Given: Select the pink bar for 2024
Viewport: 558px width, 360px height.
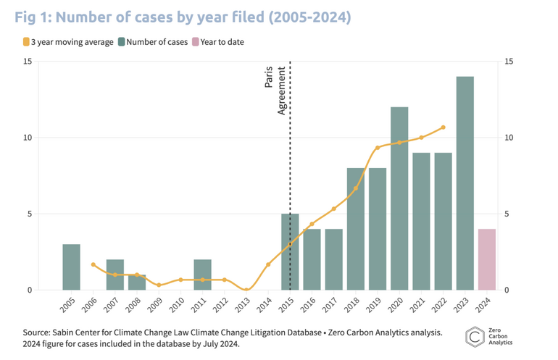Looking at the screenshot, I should tap(486, 259).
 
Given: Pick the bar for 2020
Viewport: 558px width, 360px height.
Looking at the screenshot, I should tap(399, 198).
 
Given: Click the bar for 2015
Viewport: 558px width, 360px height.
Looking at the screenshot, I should tap(290, 252).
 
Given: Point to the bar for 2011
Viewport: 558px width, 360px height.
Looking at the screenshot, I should tap(202, 275).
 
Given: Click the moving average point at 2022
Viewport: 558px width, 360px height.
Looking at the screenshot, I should tap(443, 127).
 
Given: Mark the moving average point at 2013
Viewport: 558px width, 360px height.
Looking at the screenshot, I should tap(246, 290).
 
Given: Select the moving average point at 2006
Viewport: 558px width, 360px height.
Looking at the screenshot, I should tap(93, 264).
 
